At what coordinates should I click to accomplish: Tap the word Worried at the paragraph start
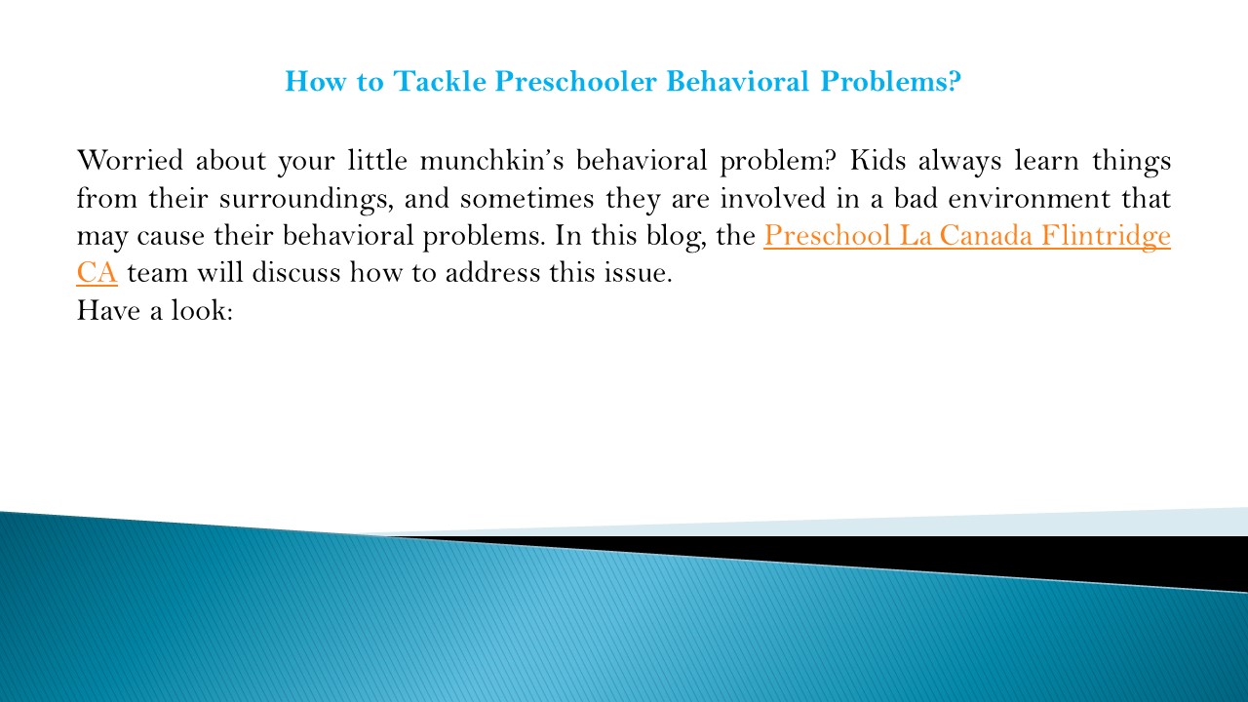[128, 161]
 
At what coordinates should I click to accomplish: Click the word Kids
[881, 161]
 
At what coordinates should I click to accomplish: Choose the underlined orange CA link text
[97, 274]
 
